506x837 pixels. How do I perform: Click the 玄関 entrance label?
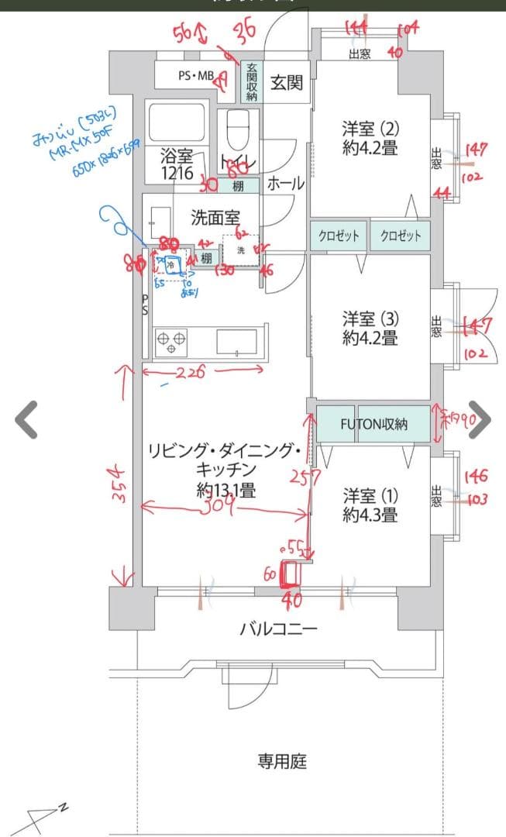286,82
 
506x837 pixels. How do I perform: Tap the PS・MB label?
195,76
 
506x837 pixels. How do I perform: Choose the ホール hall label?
285,184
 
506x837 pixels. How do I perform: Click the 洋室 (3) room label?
370,328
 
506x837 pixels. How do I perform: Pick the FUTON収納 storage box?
373,424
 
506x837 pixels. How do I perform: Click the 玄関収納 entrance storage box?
252,82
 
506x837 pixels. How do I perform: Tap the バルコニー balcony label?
277,629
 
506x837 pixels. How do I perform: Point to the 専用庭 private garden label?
282,761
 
